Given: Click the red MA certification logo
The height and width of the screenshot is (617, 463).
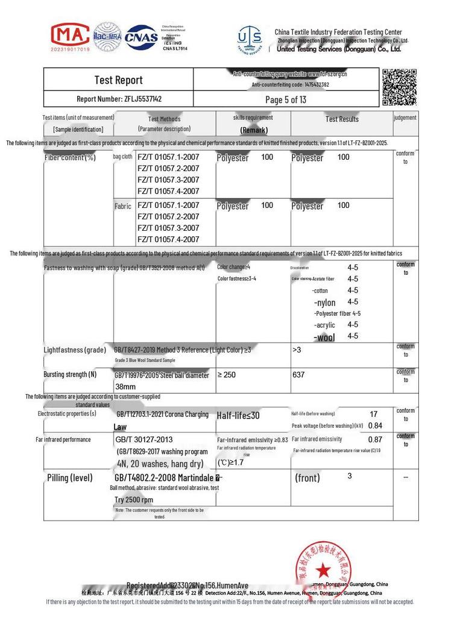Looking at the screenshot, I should [70, 36].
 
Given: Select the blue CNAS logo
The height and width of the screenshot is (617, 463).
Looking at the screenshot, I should [141, 37].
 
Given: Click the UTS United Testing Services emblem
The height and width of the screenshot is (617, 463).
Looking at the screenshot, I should [250, 39].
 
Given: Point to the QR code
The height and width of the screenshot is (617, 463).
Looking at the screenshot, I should [399, 87].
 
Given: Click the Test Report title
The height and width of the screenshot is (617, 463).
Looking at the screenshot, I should [118, 80].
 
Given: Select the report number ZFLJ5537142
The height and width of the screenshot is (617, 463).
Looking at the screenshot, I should [119, 99].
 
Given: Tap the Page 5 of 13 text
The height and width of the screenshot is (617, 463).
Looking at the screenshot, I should [286, 99].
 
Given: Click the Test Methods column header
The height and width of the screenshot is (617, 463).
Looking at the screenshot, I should [164, 119].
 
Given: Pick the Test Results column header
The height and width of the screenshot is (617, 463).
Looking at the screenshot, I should [342, 119].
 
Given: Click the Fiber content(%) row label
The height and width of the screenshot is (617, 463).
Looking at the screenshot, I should [70, 158].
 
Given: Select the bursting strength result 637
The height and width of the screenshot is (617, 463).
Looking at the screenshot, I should [298, 375].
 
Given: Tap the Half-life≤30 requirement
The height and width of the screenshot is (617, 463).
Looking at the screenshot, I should [238, 415].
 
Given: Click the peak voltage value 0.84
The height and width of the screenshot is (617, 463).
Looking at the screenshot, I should [375, 425].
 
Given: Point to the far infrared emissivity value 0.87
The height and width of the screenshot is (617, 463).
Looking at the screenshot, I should [375, 440].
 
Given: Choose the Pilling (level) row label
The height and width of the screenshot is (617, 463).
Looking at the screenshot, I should [70, 478].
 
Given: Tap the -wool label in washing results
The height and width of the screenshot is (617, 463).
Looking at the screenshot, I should [324, 337].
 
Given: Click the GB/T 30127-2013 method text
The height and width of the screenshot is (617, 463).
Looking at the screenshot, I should [144, 440].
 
